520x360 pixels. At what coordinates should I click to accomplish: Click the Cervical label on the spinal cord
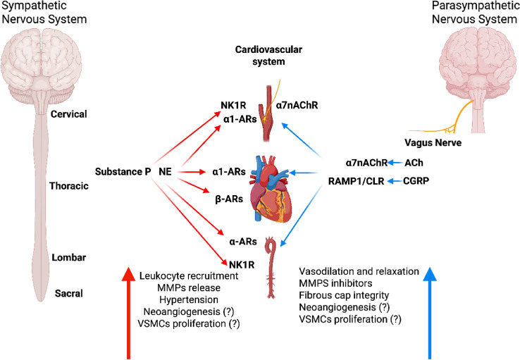pyautogui.click(x=68, y=114)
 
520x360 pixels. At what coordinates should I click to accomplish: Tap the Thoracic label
pyautogui.click(x=69, y=185)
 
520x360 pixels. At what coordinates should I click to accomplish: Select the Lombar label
pyautogui.click(x=68, y=257)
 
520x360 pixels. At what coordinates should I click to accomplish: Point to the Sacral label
pyautogui.click(x=68, y=293)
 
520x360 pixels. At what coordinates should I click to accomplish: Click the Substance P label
pyautogui.click(x=123, y=171)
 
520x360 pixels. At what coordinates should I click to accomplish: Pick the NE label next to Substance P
pyautogui.click(x=165, y=171)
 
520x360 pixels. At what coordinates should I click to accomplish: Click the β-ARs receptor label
pyautogui.click(x=229, y=199)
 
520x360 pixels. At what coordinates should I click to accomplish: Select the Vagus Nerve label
pyautogui.click(x=433, y=142)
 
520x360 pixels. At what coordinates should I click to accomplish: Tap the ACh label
pyautogui.click(x=414, y=163)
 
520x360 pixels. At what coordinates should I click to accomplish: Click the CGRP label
pyautogui.click(x=416, y=180)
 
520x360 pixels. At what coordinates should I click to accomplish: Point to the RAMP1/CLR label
pyautogui.click(x=356, y=181)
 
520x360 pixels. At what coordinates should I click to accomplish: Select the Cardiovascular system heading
pyautogui.click(x=268, y=56)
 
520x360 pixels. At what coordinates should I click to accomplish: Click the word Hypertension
pyautogui.click(x=189, y=299)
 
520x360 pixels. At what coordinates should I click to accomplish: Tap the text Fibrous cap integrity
pyautogui.click(x=344, y=295)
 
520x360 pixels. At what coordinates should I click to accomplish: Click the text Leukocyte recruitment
pyautogui.click(x=189, y=275)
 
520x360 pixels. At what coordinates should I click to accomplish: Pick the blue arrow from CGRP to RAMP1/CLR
pyautogui.click(x=395, y=181)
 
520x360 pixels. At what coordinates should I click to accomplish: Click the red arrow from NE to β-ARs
pyautogui.click(x=193, y=185)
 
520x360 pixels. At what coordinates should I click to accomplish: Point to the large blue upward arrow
pyautogui.click(x=430, y=314)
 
